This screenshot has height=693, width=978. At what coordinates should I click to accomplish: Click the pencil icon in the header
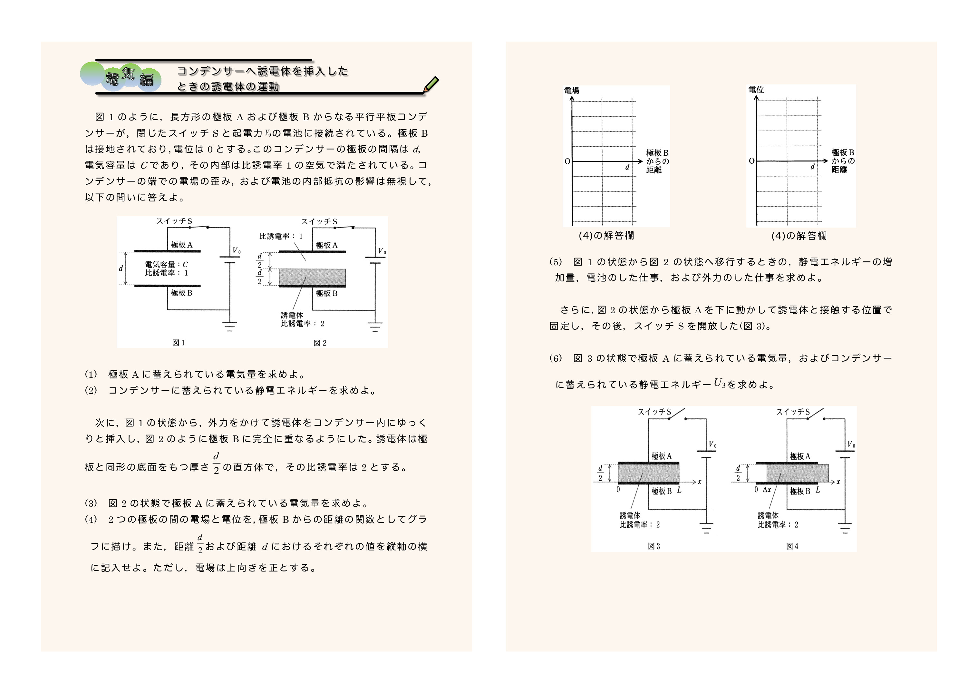click(431, 84)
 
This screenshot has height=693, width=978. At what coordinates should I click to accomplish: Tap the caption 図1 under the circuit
click(178, 343)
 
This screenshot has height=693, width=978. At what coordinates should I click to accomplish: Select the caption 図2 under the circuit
click(320, 343)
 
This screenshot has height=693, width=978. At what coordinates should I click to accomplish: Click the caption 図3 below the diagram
click(654, 546)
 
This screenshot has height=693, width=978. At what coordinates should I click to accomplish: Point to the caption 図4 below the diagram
click(792, 546)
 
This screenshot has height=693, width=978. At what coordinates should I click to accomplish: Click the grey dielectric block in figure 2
click(312, 278)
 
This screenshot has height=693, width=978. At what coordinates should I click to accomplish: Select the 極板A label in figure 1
click(182, 245)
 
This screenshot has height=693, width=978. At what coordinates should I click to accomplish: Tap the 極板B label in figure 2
click(327, 294)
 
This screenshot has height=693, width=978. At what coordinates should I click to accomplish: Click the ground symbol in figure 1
click(229, 327)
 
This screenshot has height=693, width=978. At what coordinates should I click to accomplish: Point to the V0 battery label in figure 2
click(382, 251)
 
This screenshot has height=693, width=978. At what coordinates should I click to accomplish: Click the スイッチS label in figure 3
click(654, 412)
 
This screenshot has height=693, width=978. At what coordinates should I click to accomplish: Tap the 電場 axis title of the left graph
click(572, 91)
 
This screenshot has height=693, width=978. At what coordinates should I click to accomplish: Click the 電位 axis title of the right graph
click(756, 90)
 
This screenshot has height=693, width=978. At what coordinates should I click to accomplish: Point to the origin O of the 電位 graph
click(751, 161)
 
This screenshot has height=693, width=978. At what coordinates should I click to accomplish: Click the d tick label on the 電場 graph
click(627, 167)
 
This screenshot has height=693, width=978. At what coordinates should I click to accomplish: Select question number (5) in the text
click(555, 262)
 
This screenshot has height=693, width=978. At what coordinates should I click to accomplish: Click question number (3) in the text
click(91, 503)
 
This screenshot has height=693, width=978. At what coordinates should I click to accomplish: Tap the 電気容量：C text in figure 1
click(166, 265)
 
